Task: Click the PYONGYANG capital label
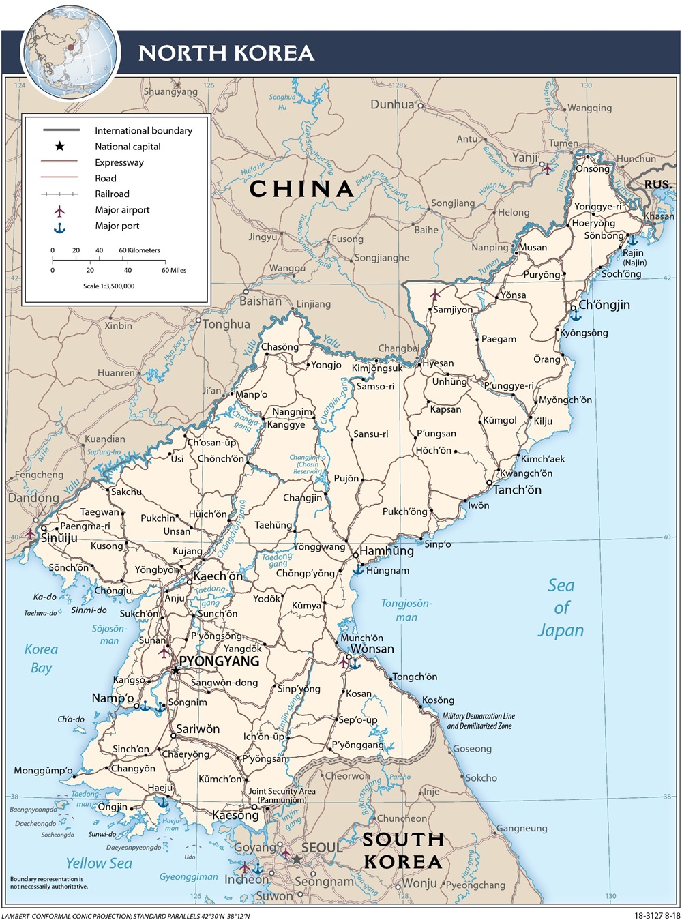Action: [219, 662]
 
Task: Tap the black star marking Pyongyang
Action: [175, 671]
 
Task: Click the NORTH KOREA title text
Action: [226, 53]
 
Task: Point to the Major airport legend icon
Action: [60, 210]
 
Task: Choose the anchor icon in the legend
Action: [60, 226]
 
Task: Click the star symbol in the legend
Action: [60, 146]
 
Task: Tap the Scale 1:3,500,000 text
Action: [109, 286]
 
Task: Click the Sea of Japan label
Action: [561, 608]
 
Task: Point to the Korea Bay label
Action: [41, 659]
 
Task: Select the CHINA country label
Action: [301, 189]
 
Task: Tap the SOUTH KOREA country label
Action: [403, 850]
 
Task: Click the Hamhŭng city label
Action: [387, 551]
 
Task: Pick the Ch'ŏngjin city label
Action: [604, 305]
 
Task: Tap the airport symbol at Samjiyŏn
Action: [435, 295]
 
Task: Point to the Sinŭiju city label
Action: [59, 538]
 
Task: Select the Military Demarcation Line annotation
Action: [478, 721]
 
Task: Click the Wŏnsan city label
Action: [372, 649]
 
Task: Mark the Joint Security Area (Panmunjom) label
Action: [282, 795]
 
